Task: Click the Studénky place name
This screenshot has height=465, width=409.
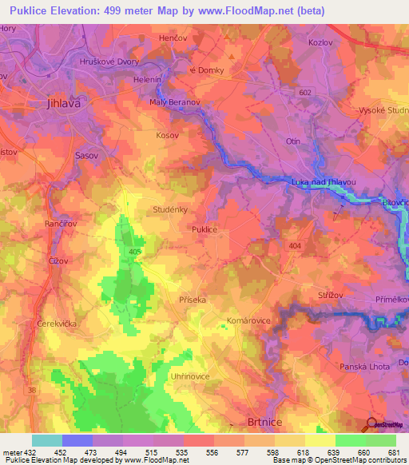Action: click(x=169, y=209)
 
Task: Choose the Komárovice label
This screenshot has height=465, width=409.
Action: click(x=248, y=320)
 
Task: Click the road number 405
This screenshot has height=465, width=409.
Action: click(x=135, y=252)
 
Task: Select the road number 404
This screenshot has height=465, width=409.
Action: click(x=297, y=245)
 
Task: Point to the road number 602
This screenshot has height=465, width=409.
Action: click(x=304, y=93)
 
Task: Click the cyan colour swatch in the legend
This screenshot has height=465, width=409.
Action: click(x=46, y=440)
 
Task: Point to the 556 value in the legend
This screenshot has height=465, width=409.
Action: click(x=212, y=452)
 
